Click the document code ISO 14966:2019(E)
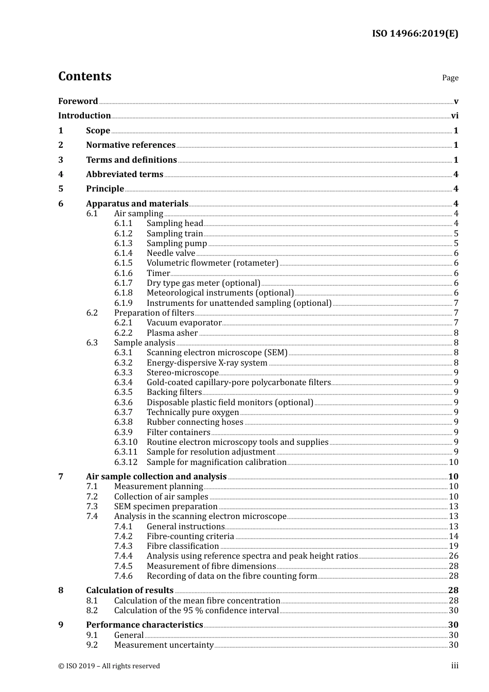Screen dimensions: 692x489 [415, 33]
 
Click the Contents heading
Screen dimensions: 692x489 [84, 76]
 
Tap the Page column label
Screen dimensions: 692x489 [450, 78]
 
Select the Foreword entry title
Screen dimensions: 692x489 [78, 101]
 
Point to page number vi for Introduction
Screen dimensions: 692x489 [455, 116]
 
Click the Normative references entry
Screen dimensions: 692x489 [131, 145]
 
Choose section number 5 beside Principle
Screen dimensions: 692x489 [61, 189]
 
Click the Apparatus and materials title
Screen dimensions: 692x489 [137, 204]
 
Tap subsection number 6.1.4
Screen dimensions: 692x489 [123, 253]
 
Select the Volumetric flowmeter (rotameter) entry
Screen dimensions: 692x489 [212, 263]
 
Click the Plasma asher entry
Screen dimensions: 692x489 [172, 333]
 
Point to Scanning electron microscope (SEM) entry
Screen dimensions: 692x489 [217, 353]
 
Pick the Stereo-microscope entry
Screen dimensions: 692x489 [182, 373]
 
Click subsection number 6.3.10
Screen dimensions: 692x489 [126, 442]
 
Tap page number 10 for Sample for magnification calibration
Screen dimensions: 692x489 [453, 462]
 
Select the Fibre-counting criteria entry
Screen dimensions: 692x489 [190, 537]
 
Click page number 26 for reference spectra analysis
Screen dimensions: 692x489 [453, 556]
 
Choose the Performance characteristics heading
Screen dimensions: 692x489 [144, 625]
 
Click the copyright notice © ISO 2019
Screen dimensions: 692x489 [109, 666]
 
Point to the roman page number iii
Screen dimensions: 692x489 [455, 666]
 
